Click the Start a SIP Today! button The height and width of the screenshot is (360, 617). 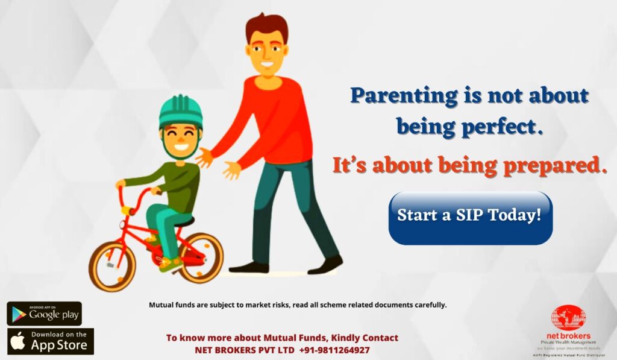coord(471,218)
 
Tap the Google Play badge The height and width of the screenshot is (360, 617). coord(45,314)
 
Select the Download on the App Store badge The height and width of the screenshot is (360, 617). coord(51,341)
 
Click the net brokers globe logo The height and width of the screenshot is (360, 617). coord(568,318)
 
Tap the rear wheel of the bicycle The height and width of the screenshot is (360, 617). coord(201,257)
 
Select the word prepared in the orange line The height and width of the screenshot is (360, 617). coord(555,166)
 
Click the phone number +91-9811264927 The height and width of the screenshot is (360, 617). coord(334,350)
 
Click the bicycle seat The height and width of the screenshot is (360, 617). coord(184,222)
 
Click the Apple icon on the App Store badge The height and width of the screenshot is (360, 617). coord(17,341)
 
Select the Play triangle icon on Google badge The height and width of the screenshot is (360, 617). coord(19,314)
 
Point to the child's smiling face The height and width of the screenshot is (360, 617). coord(181,139)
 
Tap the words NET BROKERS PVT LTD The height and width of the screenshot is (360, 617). coord(245,350)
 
